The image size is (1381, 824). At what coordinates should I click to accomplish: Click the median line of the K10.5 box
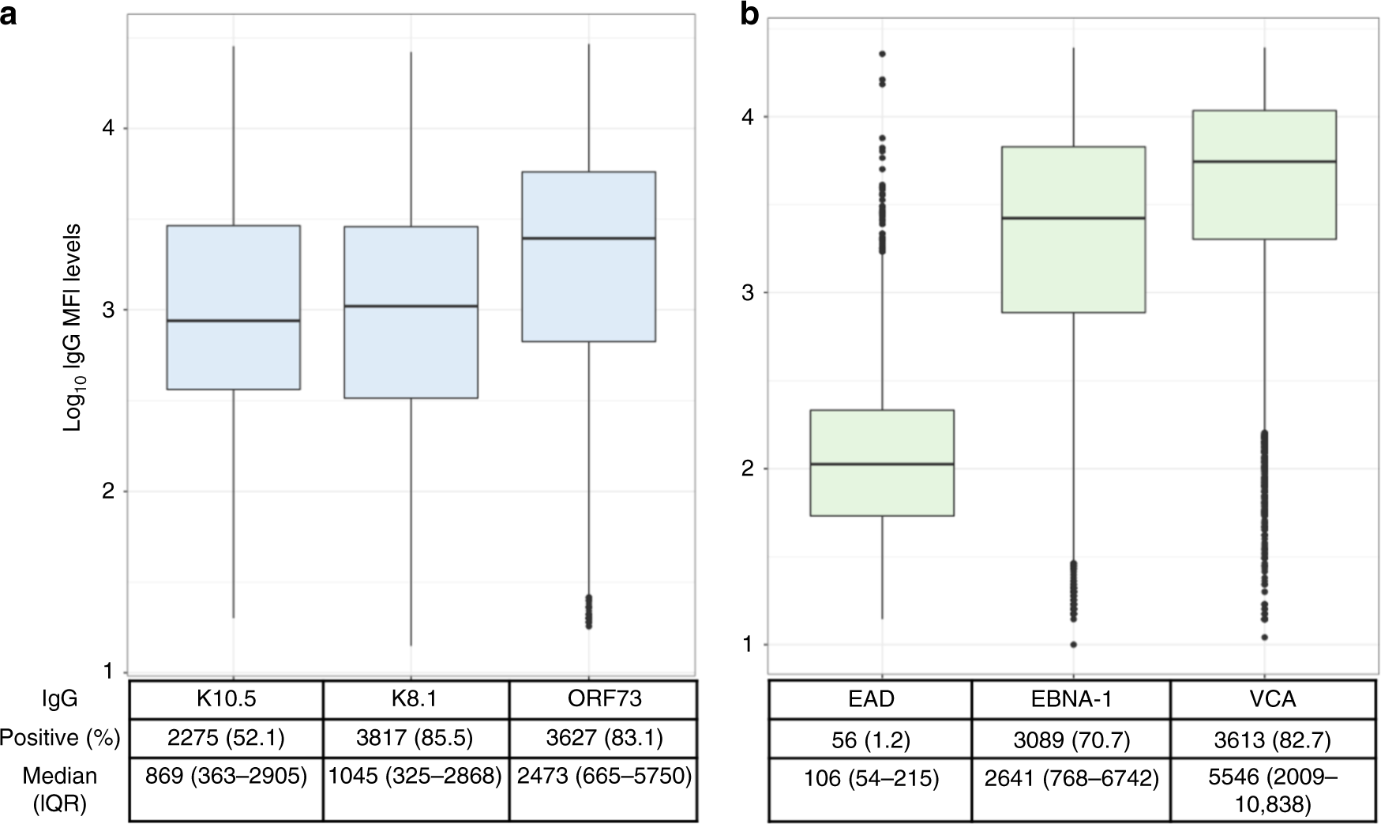[233, 321]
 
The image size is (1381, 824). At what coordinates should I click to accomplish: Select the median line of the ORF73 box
[588, 238]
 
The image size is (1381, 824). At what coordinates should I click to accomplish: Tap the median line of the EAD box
[882, 464]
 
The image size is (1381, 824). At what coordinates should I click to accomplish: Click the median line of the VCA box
[1264, 161]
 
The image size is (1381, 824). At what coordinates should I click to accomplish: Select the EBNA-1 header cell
[1070, 698]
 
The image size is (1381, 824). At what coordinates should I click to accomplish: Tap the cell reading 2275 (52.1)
[226, 738]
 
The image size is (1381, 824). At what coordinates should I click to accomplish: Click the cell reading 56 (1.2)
[869, 740]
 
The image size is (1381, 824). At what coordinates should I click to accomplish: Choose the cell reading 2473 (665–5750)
[604, 777]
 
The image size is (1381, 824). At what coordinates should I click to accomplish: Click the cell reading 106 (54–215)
[869, 780]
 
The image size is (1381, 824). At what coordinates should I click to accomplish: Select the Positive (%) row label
[60, 738]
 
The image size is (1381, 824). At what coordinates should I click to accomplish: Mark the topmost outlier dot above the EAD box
[882, 54]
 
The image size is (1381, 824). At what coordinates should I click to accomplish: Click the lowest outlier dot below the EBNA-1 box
[1073, 645]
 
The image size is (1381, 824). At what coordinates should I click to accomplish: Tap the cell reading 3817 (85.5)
[415, 738]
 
